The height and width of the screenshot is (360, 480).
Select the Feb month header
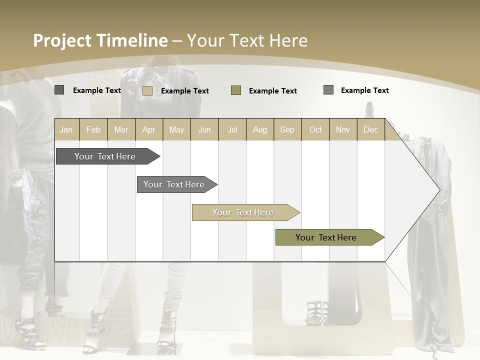(x=93, y=129)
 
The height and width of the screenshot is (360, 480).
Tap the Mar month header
(x=121, y=129)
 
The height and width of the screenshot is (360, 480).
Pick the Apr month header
(x=149, y=129)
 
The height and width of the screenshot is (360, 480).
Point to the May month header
(x=176, y=129)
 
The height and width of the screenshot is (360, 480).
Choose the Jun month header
(x=204, y=129)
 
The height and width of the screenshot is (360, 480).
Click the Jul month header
(x=232, y=129)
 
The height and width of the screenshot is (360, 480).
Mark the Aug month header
(x=260, y=129)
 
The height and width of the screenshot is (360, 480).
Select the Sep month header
(x=287, y=129)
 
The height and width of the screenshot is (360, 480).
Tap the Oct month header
(x=315, y=129)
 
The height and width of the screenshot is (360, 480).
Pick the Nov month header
(x=343, y=129)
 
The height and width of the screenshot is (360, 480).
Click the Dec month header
(x=371, y=129)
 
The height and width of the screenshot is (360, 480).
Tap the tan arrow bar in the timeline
(x=243, y=212)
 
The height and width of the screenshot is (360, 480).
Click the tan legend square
(x=147, y=90)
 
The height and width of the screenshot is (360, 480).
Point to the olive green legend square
(x=236, y=90)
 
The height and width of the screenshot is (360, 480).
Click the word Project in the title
(x=62, y=40)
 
